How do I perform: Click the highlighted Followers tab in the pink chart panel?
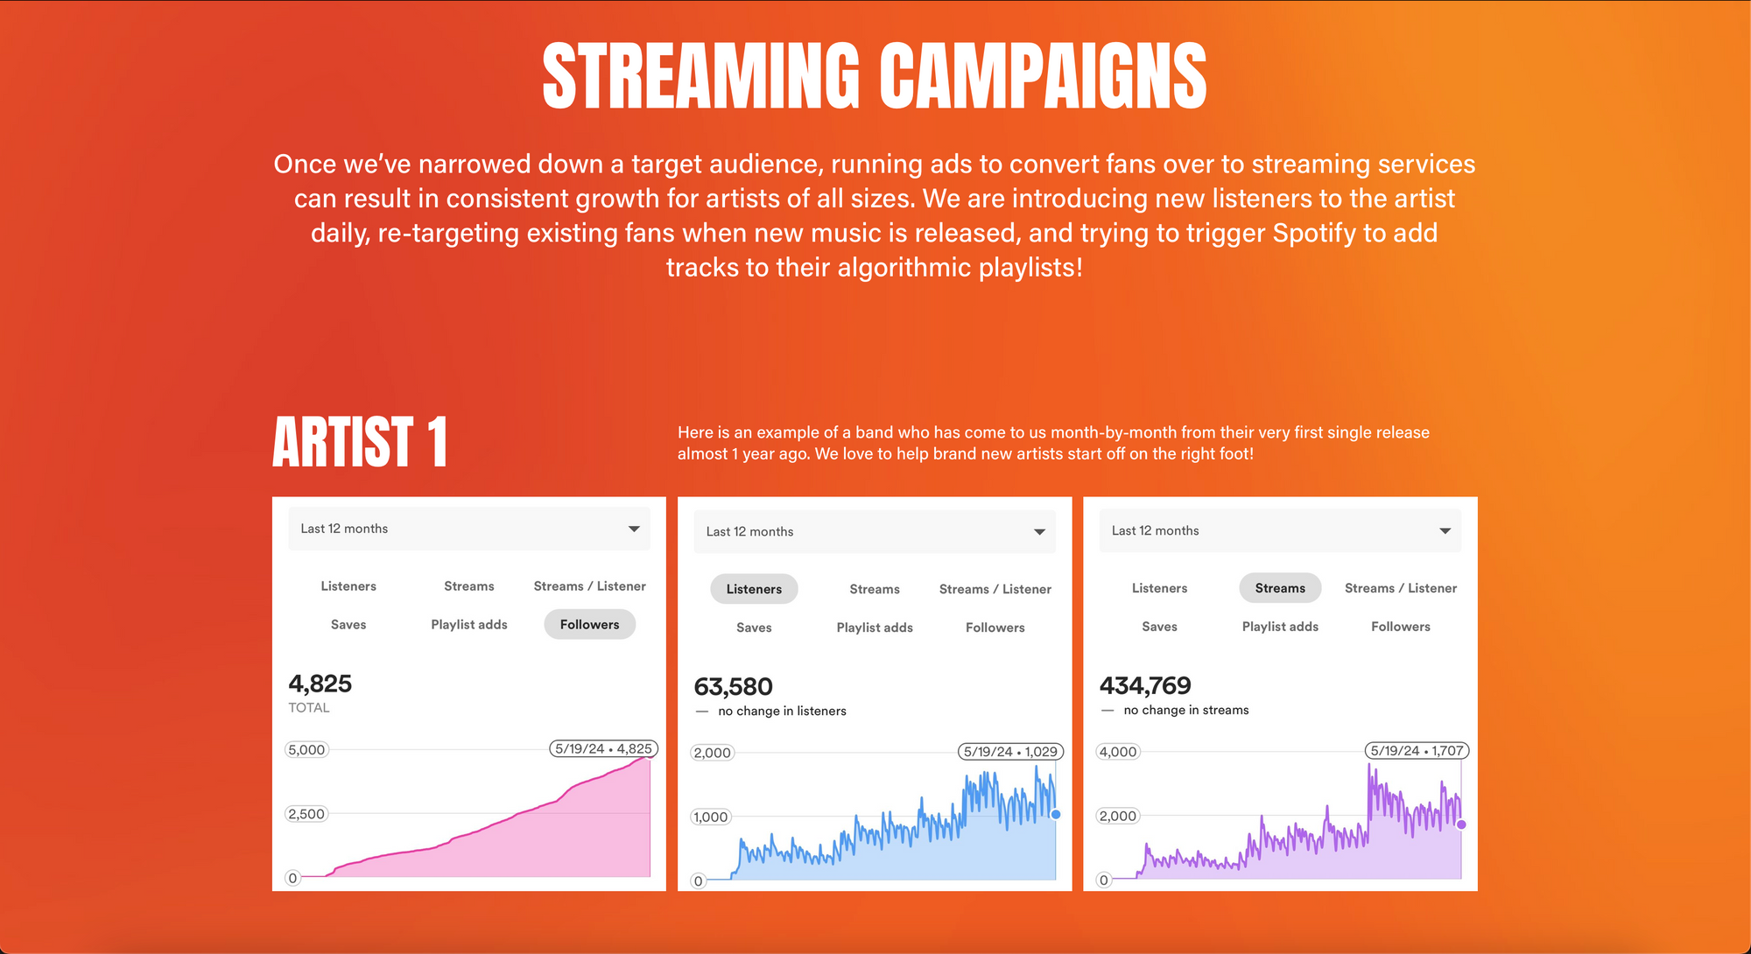(x=589, y=624)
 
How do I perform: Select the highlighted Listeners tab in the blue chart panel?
(x=754, y=589)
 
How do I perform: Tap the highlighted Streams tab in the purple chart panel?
(x=1280, y=588)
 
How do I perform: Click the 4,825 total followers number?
(x=320, y=684)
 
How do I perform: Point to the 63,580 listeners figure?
(x=734, y=687)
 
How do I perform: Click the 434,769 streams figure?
(x=1145, y=685)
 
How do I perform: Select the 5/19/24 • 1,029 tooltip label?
(x=1010, y=752)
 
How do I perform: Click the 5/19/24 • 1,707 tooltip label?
(x=1417, y=751)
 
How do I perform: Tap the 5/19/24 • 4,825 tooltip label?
(x=603, y=749)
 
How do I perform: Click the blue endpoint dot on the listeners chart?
(x=1056, y=815)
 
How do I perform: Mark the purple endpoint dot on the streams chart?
(x=1461, y=824)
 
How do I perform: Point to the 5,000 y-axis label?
(x=306, y=750)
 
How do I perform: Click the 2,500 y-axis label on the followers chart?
(x=306, y=814)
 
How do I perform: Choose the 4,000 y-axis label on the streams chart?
(x=1118, y=752)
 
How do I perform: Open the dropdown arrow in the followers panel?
(x=634, y=529)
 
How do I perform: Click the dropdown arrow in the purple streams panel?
(x=1445, y=530)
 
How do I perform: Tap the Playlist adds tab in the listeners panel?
(x=875, y=628)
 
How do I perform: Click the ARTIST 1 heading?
(x=360, y=442)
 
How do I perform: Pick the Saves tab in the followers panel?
(x=348, y=624)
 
